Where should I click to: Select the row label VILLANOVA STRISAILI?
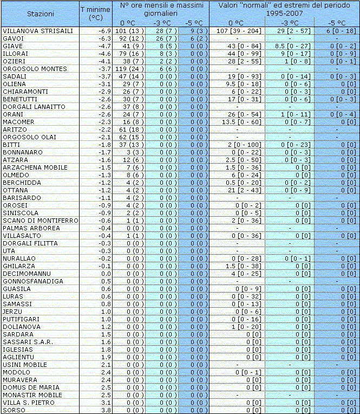tap(38, 31)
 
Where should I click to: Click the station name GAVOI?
tap(13, 38)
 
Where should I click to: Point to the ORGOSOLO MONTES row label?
tap(35, 69)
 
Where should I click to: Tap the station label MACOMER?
tap(18, 122)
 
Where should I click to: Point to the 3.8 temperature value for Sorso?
tap(106, 410)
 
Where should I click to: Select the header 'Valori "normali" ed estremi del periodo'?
tap(284, 9)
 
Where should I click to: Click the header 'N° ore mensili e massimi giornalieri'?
tap(162, 9)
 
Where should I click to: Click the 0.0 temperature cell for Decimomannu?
tap(106, 274)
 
